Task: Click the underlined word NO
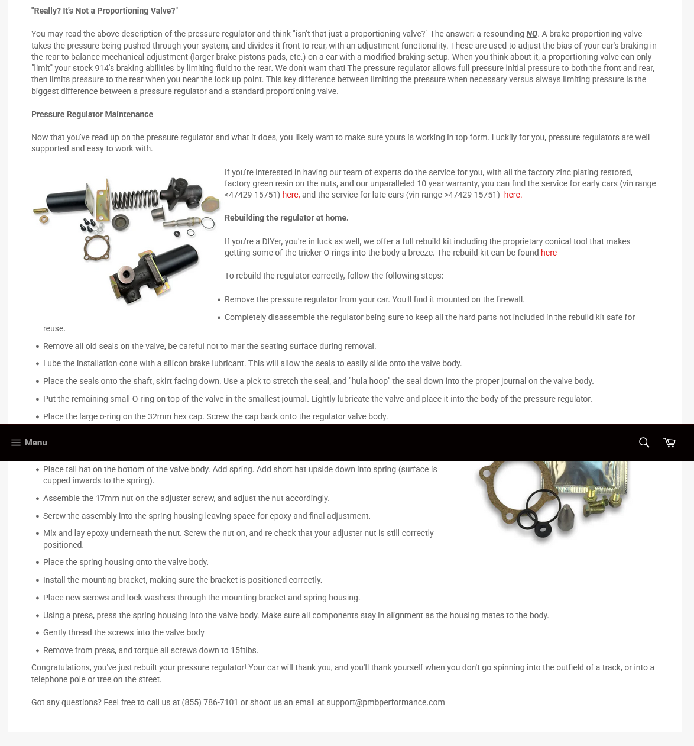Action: (531, 34)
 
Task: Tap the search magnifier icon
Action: (644, 443)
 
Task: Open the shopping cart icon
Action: (669, 443)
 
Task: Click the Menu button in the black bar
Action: (29, 443)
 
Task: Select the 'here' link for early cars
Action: (290, 195)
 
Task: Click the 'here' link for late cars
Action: (511, 195)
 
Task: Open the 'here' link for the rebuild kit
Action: (549, 253)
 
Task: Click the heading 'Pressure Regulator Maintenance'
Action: (92, 114)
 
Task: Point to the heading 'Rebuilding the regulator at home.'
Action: (286, 218)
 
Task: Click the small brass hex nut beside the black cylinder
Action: (42, 219)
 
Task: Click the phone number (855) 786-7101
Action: (210, 702)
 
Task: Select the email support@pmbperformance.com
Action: (385, 702)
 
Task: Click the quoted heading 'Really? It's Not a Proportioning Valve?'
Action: (105, 11)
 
